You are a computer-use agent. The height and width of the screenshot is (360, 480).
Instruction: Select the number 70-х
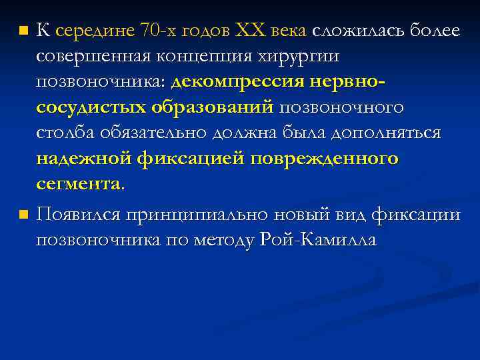[x=164, y=30]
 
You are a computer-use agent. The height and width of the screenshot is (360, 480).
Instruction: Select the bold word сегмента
[x=79, y=184]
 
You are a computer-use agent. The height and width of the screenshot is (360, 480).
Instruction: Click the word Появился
[x=78, y=215]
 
